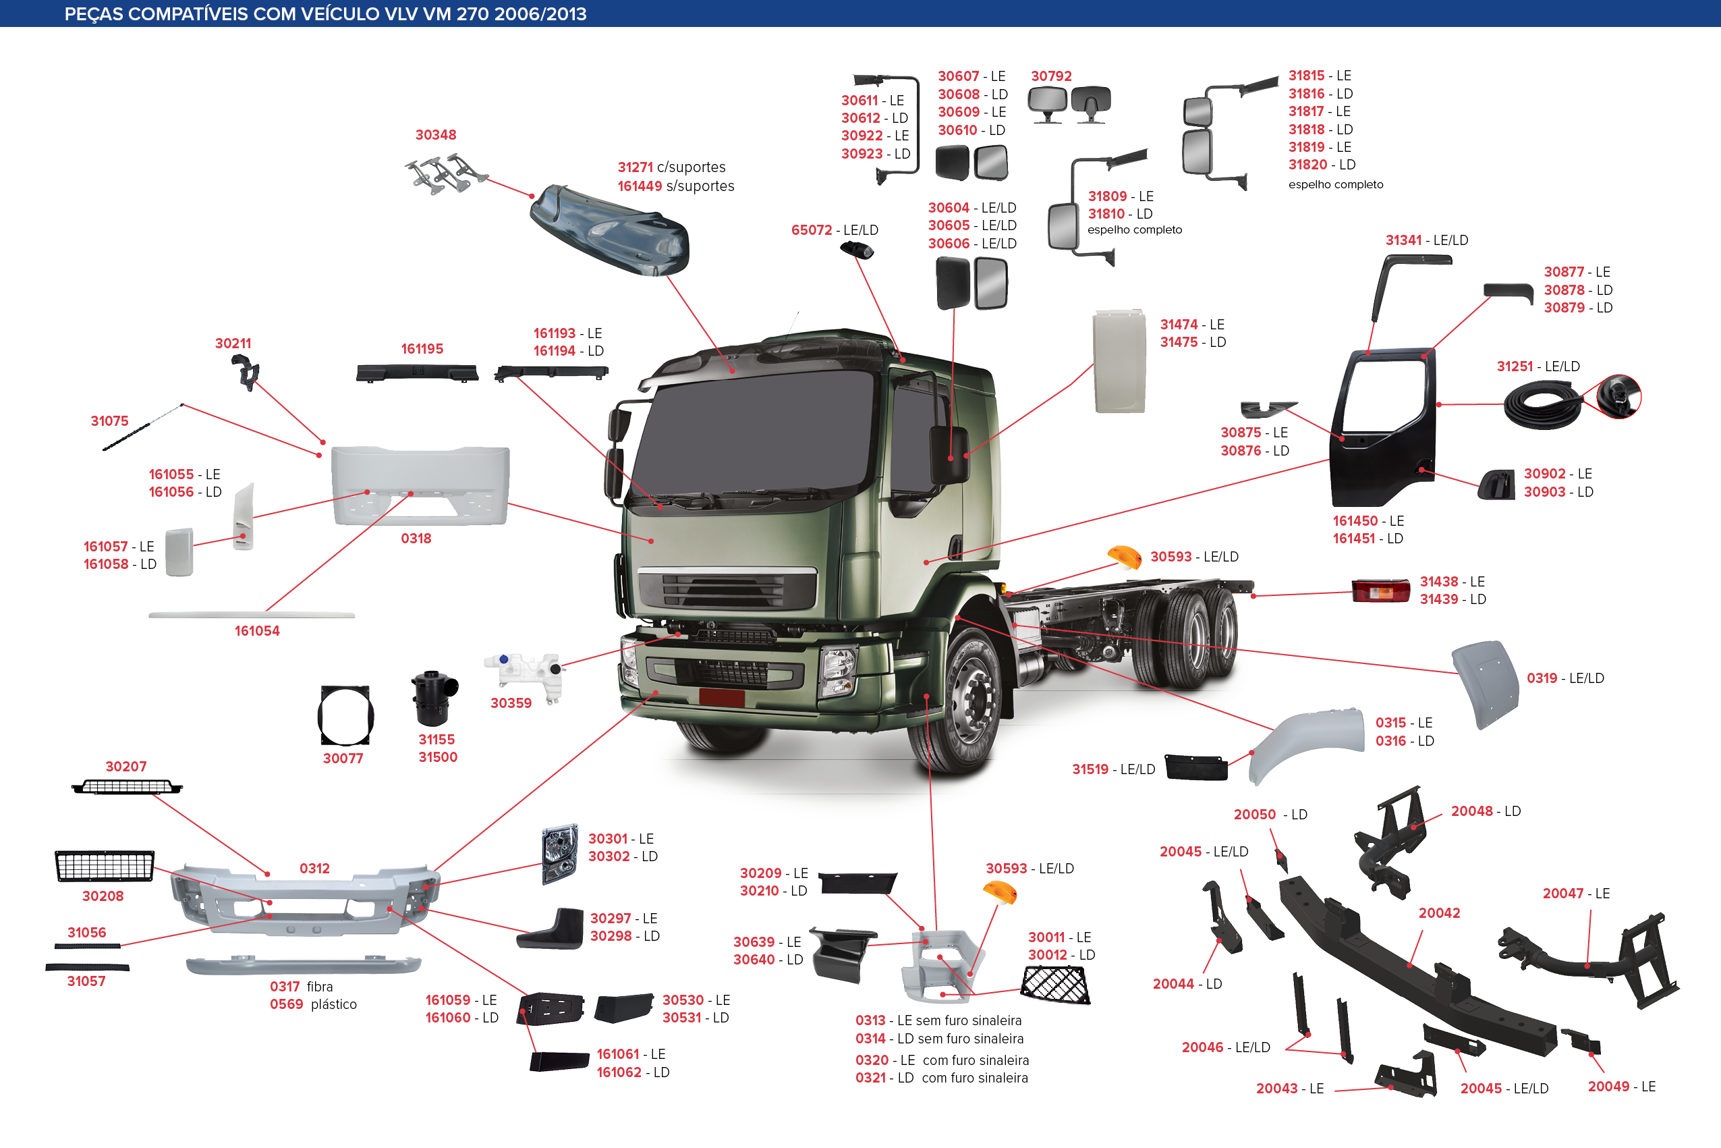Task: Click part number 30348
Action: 435,135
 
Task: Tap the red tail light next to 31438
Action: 1381,590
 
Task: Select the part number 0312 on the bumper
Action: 314,869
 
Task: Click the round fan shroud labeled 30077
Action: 345,715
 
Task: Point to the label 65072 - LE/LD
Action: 834,230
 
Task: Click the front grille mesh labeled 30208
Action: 105,866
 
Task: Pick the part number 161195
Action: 422,348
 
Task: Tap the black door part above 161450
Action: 1382,428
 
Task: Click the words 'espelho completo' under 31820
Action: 1335,184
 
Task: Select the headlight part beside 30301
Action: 560,854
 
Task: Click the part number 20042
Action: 1439,913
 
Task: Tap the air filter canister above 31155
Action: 434,698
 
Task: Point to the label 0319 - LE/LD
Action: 1565,678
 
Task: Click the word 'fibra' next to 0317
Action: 320,986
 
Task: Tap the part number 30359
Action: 511,703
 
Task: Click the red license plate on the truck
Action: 721,697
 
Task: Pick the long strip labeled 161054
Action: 252,615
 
